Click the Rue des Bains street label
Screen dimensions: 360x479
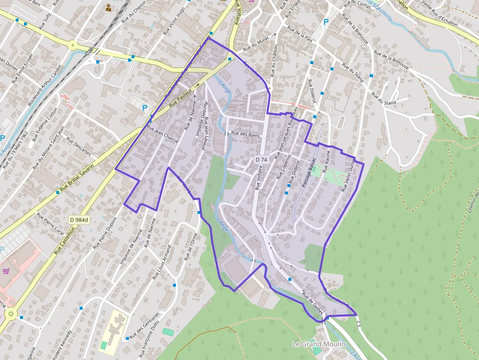244,133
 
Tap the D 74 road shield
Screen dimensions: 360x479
261,160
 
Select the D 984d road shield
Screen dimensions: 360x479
79,220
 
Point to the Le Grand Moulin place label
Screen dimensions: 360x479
318,344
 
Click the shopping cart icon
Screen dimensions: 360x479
6,271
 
